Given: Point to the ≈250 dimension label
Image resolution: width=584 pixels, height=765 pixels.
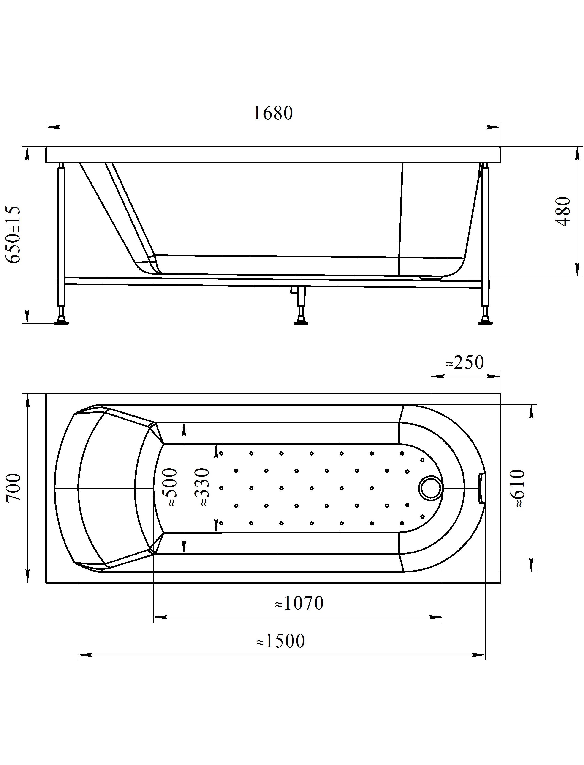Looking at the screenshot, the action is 465,363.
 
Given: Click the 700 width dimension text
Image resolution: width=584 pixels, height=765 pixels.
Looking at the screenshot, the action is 14,487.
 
